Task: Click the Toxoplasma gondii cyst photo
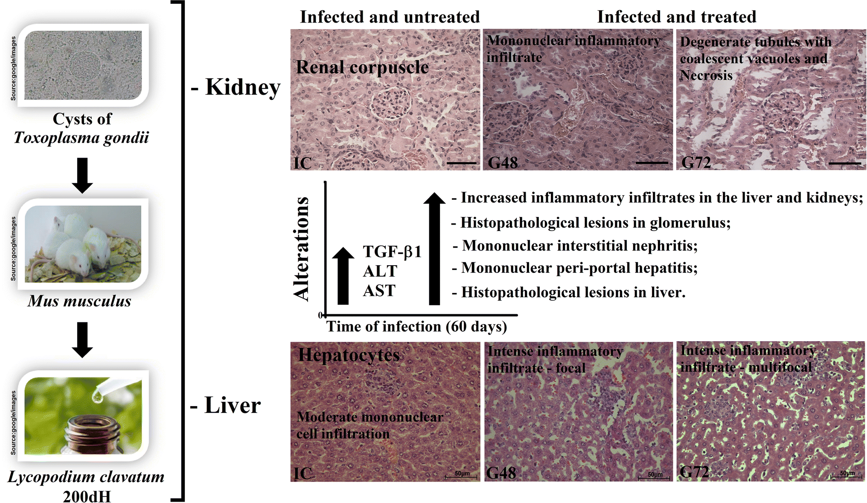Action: pyautogui.click(x=83, y=65)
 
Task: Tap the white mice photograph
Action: pyautogui.click(x=83, y=244)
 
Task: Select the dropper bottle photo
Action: pyautogui.click(x=83, y=416)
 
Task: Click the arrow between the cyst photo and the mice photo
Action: pyautogui.click(x=82, y=175)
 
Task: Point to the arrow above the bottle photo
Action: pyautogui.click(x=82, y=339)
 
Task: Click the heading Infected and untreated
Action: pyautogui.click(x=390, y=17)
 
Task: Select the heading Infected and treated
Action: pyautogui.click(x=676, y=17)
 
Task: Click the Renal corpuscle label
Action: pyautogui.click(x=362, y=67)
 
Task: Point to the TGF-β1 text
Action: pyautogui.click(x=392, y=251)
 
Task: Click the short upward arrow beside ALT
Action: pyautogui.click(x=343, y=275)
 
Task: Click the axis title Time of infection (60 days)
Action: pyautogui.click(x=416, y=327)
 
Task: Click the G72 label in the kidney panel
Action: pyautogui.click(x=696, y=163)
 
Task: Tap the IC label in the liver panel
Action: pyautogui.click(x=303, y=473)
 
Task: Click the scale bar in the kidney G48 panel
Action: pyautogui.click(x=652, y=163)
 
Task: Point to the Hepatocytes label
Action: pyautogui.click(x=349, y=355)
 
